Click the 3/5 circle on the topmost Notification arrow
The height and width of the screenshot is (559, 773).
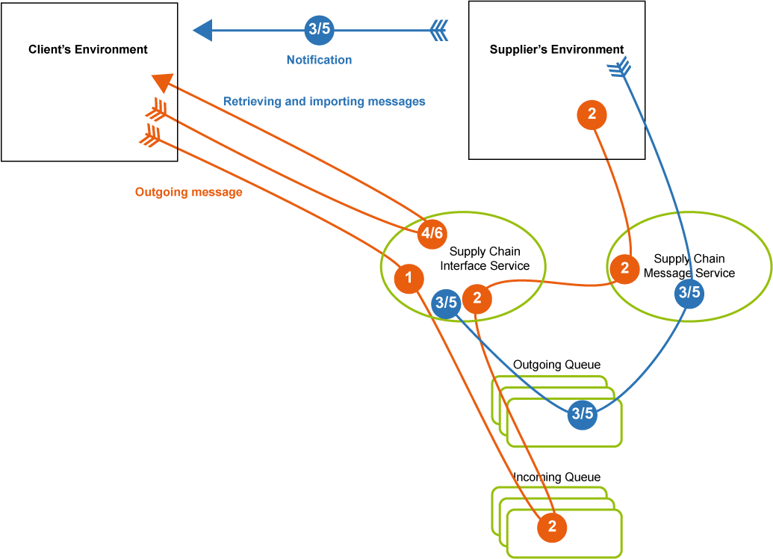(x=319, y=30)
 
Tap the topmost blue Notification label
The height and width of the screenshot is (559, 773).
(x=319, y=60)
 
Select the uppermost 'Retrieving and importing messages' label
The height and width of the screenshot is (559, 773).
(x=324, y=102)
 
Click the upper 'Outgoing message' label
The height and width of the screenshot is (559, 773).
(x=188, y=192)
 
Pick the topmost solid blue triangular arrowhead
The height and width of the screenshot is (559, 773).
(x=202, y=31)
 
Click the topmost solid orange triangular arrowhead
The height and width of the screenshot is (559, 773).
(x=162, y=81)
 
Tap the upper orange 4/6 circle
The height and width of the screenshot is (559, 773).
(x=432, y=233)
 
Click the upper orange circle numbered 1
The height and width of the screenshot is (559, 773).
(x=409, y=279)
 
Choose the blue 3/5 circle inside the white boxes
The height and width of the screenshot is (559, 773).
(x=582, y=413)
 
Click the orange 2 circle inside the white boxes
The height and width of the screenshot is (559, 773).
(x=552, y=526)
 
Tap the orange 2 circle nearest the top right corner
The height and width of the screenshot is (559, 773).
(x=592, y=114)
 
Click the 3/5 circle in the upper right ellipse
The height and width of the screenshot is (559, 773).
(x=689, y=292)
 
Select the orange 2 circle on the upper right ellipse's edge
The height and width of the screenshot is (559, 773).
(x=624, y=268)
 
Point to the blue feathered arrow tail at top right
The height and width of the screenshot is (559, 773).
(x=619, y=68)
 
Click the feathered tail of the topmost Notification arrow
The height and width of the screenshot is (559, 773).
(x=439, y=31)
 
